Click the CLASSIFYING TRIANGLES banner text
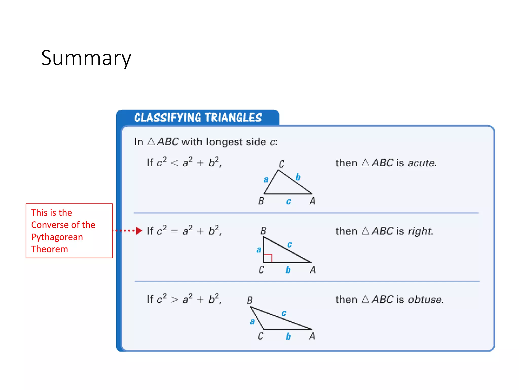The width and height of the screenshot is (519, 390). (x=198, y=118)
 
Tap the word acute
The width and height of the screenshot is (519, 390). (x=422, y=163)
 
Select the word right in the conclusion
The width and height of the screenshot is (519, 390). (x=420, y=231)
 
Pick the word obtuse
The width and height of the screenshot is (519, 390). (x=425, y=300)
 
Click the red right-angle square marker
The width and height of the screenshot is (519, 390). (x=268, y=258)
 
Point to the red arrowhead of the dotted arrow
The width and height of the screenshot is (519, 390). (x=139, y=231)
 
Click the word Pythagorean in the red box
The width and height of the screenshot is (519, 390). (x=57, y=237)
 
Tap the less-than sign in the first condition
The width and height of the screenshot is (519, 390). (x=174, y=163)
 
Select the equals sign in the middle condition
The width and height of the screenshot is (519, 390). (x=174, y=231)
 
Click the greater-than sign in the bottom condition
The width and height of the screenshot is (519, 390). (x=174, y=300)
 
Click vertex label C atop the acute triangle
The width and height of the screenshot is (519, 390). (x=282, y=164)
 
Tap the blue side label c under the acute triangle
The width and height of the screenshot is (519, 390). (x=288, y=202)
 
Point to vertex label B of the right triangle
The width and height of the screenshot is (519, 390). (x=263, y=231)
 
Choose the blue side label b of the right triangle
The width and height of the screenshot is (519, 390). (x=288, y=270)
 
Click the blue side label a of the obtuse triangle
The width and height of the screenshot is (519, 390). (x=252, y=321)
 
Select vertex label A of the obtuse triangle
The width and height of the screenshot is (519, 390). (x=312, y=336)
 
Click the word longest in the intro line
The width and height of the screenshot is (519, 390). (x=224, y=142)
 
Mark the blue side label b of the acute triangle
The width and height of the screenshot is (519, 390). (x=298, y=177)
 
